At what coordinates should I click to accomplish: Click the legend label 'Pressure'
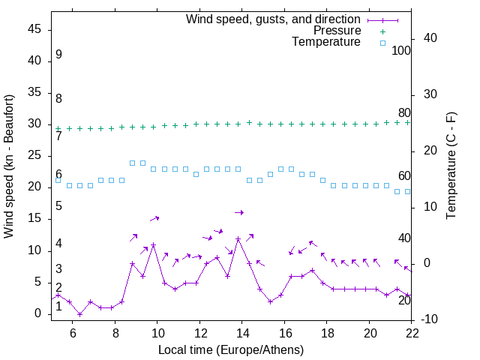(x=337, y=31)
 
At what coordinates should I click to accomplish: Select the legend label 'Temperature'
(x=326, y=43)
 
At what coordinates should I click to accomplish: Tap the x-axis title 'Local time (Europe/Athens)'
(x=232, y=350)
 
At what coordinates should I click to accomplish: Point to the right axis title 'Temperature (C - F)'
(x=451, y=166)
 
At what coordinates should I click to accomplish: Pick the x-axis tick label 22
(x=411, y=334)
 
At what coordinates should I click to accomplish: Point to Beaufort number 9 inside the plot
(x=58, y=55)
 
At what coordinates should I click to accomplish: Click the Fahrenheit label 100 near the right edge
(x=401, y=50)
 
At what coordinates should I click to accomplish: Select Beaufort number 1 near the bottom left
(x=58, y=307)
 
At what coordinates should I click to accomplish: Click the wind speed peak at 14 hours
(x=238, y=239)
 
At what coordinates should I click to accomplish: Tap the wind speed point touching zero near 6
(x=79, y=314)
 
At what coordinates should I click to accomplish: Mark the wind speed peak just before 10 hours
(x=154, y=244)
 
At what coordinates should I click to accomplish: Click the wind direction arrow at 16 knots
(x=239, y=213)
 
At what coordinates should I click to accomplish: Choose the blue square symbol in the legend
(x=382, y=43)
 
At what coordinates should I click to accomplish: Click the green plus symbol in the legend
(x=382, y=31)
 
